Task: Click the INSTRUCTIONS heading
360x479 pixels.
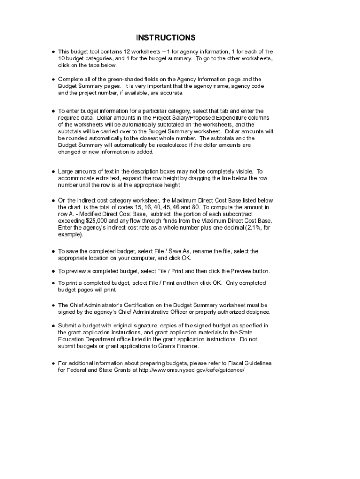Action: [x=166, y=38]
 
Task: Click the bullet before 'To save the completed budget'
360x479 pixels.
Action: [x=53, y=251]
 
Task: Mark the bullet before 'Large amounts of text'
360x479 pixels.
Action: [x=53, y=172]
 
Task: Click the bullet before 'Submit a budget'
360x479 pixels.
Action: [x=53, y=325]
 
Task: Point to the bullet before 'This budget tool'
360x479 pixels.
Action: [x=53, y=51]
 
